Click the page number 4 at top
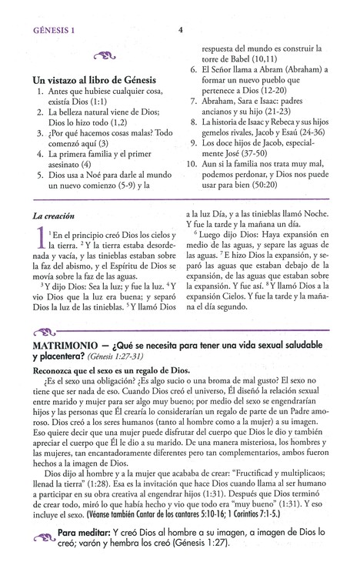tap(179, 31)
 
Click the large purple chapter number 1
tap(38, 247)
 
